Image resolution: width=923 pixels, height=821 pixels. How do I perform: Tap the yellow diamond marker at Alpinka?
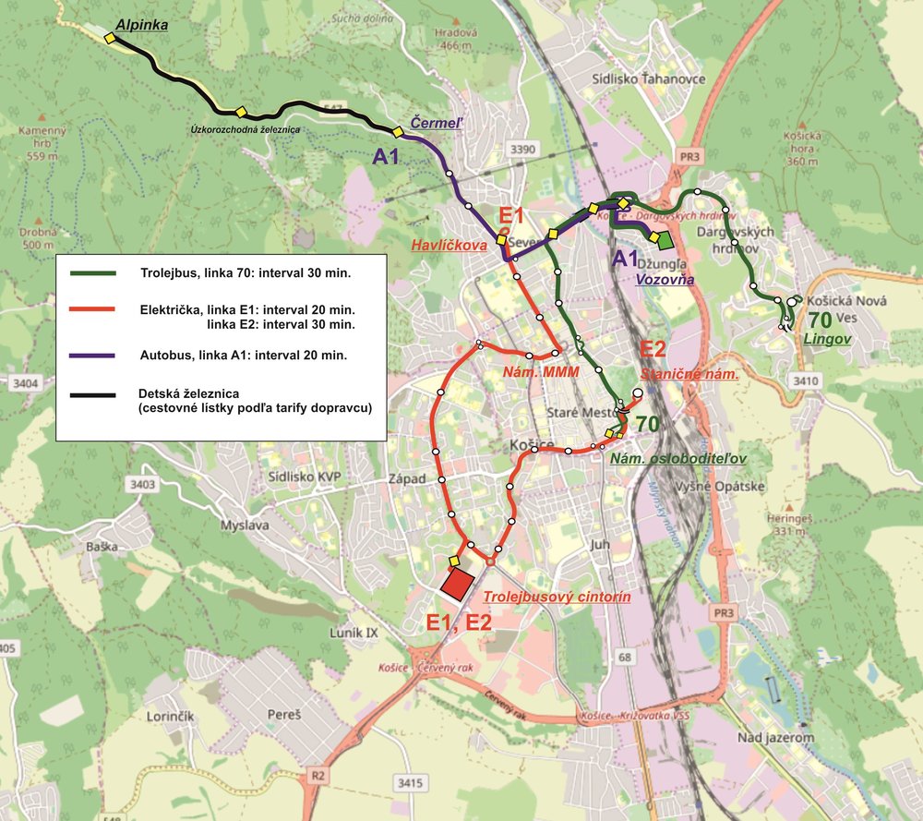point(110,39)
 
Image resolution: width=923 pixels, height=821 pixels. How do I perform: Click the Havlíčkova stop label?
point(450,246)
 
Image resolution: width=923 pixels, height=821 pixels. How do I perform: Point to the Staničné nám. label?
point(689,375)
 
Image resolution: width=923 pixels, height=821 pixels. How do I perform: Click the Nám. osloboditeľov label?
point(677,458)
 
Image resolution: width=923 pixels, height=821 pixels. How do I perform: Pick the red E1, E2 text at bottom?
point(459,622)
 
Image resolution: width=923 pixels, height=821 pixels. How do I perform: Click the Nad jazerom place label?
point(775,737)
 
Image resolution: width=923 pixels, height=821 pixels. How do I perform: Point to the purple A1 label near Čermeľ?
point(386,158)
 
